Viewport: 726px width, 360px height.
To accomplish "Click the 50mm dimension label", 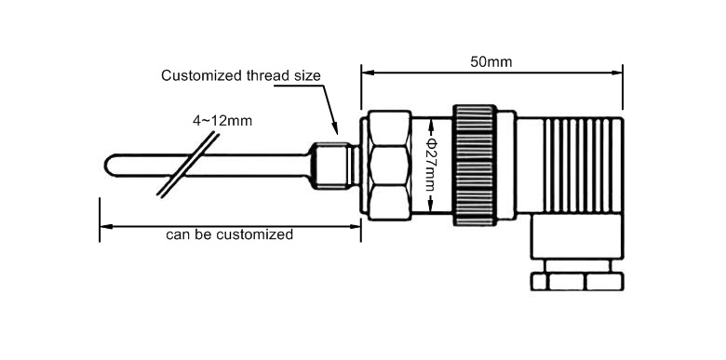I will click(491, 62).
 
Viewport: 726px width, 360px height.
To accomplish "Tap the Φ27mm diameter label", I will click(430, 167).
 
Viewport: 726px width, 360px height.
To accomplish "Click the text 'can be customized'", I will click(229, 234).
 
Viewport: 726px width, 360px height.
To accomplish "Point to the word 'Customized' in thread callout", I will click(197, 76).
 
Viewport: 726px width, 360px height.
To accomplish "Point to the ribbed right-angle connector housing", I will click(577, 172).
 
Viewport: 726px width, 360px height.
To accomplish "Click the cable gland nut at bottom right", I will click(576, 281).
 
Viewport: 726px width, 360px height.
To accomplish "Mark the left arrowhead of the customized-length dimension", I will click(105, 224).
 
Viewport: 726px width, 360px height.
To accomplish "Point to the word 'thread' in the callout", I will click(254, 76).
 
